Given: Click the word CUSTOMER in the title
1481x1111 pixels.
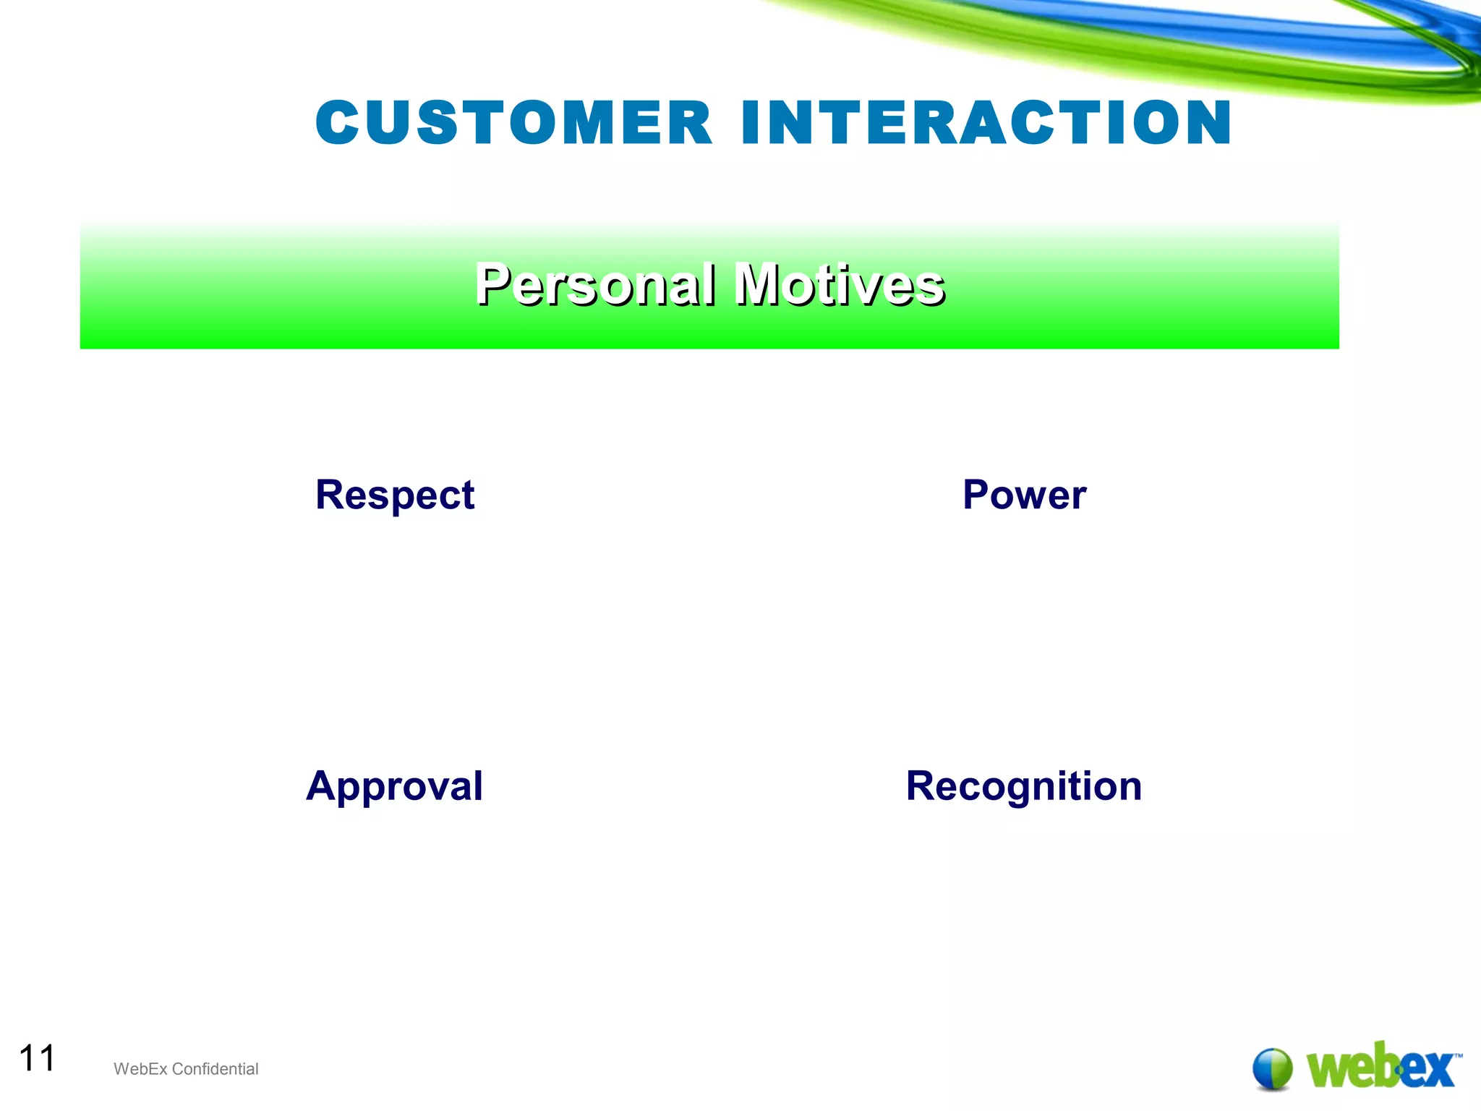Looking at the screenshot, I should point(514,123).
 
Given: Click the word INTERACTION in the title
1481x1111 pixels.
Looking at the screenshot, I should point(986,123).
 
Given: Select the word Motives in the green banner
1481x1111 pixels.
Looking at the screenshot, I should point(839,284).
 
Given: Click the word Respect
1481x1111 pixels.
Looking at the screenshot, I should point(395,496).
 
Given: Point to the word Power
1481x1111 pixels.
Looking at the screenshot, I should point(1024,495).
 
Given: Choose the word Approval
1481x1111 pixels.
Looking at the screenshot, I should point(394,787).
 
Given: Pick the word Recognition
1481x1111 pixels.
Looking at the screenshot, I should point(1023,787).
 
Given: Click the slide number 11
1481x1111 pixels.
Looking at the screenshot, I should point(37,1058).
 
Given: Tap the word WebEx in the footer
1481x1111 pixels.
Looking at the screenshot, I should point(140,1069).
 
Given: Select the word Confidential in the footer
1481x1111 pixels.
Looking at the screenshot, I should point(215,1069).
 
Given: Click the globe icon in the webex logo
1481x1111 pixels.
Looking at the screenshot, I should point(1272,1068).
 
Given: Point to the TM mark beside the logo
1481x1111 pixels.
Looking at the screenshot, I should point(1458,1057).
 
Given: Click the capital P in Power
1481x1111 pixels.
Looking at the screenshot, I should point(977,495).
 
